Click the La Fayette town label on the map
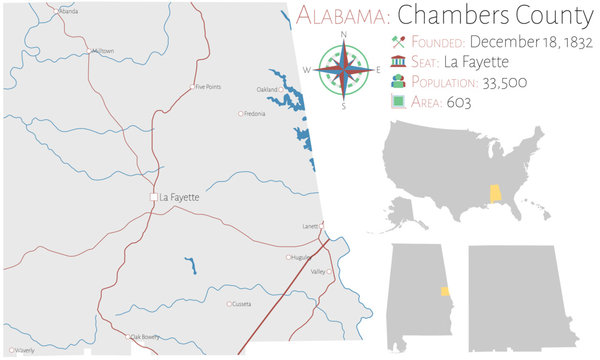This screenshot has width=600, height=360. (x=180, y=198)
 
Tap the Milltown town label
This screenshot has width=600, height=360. (x=102, y=51)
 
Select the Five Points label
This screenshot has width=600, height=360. (x=207, y=87)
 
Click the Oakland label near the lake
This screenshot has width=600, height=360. (x=266, y=90)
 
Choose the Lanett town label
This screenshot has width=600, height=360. (x=311, y=226)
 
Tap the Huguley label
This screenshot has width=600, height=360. (x=299, y=257)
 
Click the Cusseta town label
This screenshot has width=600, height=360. (x=242, y=304)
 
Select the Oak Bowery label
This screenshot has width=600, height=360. (x=145, y=337)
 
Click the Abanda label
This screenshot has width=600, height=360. (x=68, y=11)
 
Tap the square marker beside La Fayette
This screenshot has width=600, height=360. (x=153, y=198)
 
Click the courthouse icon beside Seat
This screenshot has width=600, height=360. (x=398, y=63)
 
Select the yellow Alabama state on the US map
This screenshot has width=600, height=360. (x=493, y=193)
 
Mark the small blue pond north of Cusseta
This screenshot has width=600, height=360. (x=189, y=265)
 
